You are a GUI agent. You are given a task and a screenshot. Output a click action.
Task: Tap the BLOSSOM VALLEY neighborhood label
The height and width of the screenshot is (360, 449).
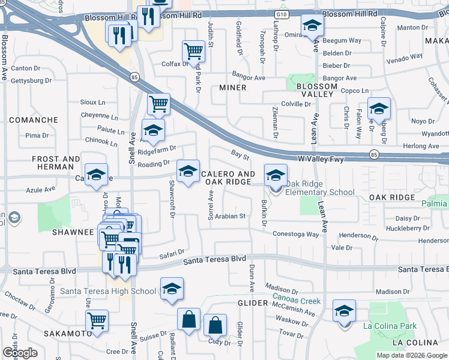[316, 91]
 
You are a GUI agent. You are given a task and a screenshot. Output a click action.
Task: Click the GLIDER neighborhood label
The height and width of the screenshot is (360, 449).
[252, 304]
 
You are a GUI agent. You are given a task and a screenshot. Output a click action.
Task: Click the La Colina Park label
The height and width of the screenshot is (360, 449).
[390, 326]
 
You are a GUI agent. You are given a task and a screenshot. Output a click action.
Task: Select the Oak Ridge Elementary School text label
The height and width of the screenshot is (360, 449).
[320, 188]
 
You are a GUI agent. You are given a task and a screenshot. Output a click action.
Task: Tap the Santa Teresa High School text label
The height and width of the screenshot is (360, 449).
[109, 292]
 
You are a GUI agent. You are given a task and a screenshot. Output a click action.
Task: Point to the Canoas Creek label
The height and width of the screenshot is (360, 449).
[297, 296]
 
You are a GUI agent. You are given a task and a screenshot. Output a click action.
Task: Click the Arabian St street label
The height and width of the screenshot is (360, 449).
[231, 216]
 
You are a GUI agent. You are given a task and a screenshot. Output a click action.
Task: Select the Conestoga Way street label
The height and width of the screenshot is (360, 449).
[295, 234]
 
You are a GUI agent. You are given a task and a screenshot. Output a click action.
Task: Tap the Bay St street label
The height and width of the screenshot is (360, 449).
[240, 156]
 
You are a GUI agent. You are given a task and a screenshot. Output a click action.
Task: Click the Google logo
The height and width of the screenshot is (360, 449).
[20, 353]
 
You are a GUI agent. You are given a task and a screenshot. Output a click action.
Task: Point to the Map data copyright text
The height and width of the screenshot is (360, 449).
[411, 355]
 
